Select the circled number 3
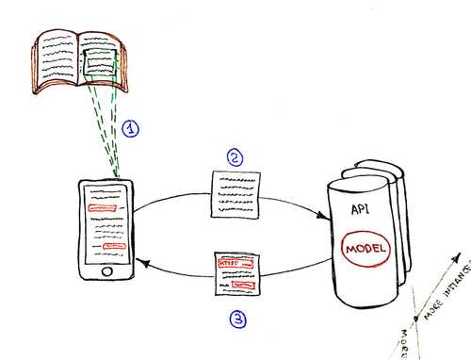pyautogui.click(x=238, y=319)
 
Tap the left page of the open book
pyautogui.click(x=57, y=57)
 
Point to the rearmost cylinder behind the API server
pyautogui.click(x=401, y=217)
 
